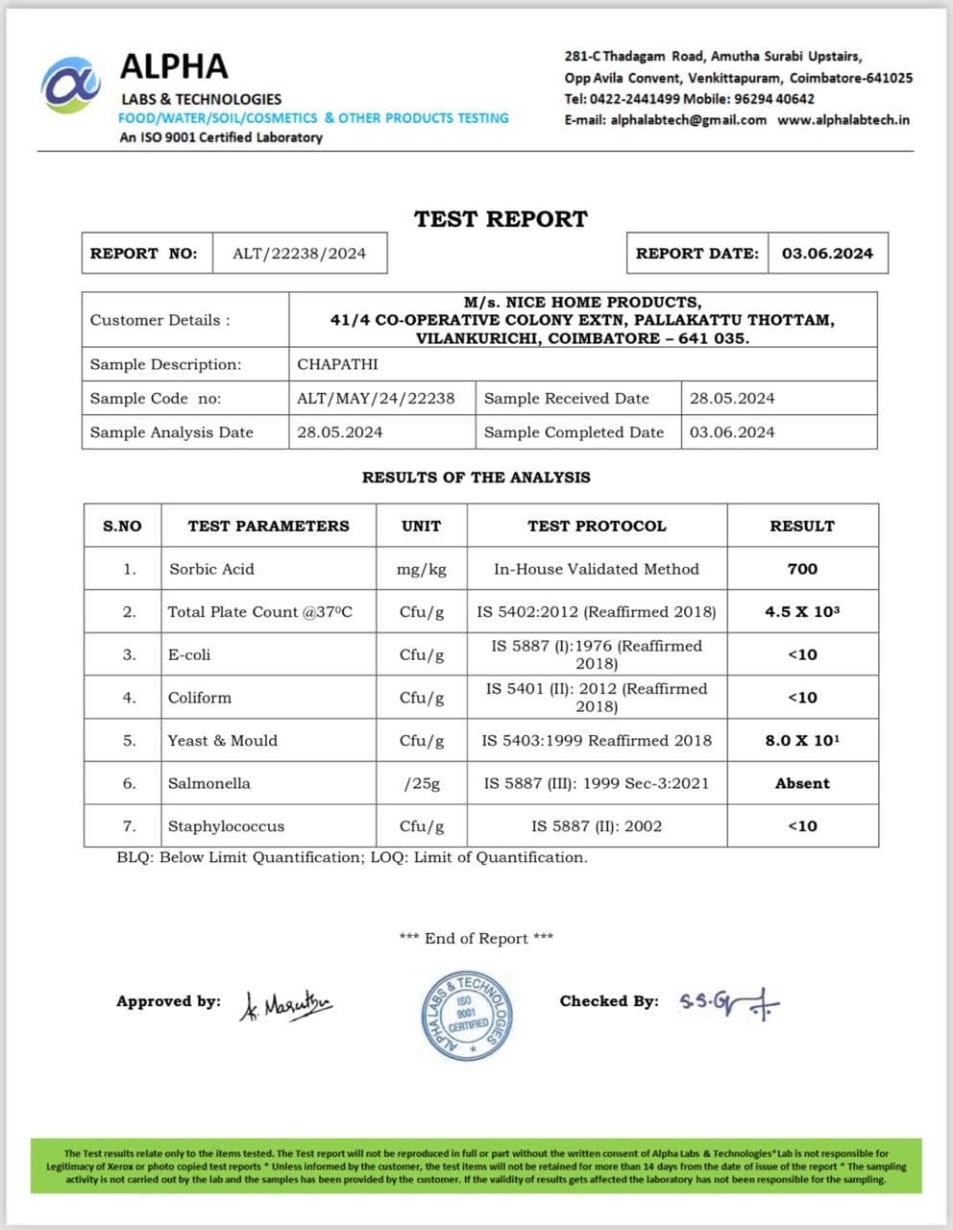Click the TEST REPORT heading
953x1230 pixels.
(x=501, y=219)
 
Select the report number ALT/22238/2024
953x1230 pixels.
(x=299, y=254)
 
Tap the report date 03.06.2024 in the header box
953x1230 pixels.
(x=827, y=254)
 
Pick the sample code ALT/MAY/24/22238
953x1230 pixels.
(x=376, y=398)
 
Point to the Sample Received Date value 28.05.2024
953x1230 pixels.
(x=732, y=398)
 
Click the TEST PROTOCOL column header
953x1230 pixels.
(x=597, y=526)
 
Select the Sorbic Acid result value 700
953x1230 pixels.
(x=802, y=569)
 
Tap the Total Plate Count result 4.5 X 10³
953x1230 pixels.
(x=802, y=611)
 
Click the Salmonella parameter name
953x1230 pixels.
(x=208, y=783)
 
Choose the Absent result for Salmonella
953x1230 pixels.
(x=802, y=783)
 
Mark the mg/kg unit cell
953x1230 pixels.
(x=422, y=569)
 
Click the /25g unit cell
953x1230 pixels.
(x=422, y=783)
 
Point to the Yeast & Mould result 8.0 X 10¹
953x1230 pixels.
(x=802, y=740)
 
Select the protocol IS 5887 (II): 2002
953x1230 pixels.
(x=597, y=825)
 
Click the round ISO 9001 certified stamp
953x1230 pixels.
(x=468, y=1015)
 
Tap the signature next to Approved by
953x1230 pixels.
(x=285, y=1005)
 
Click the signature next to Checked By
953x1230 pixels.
(x=729, y=1003)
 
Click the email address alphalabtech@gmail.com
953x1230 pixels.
(x=688, y=120)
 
